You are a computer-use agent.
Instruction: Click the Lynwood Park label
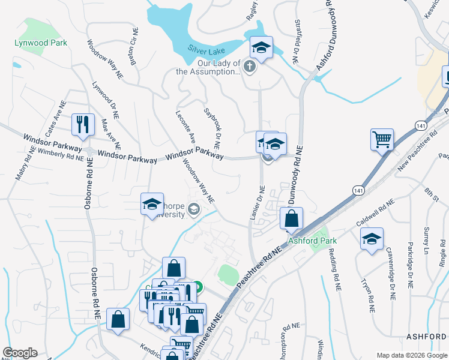41,43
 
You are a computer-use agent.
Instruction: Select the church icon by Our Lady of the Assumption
250,67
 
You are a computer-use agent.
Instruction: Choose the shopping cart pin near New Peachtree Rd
382,139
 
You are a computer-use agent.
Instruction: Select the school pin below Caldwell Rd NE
372,238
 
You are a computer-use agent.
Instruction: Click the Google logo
20,353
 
